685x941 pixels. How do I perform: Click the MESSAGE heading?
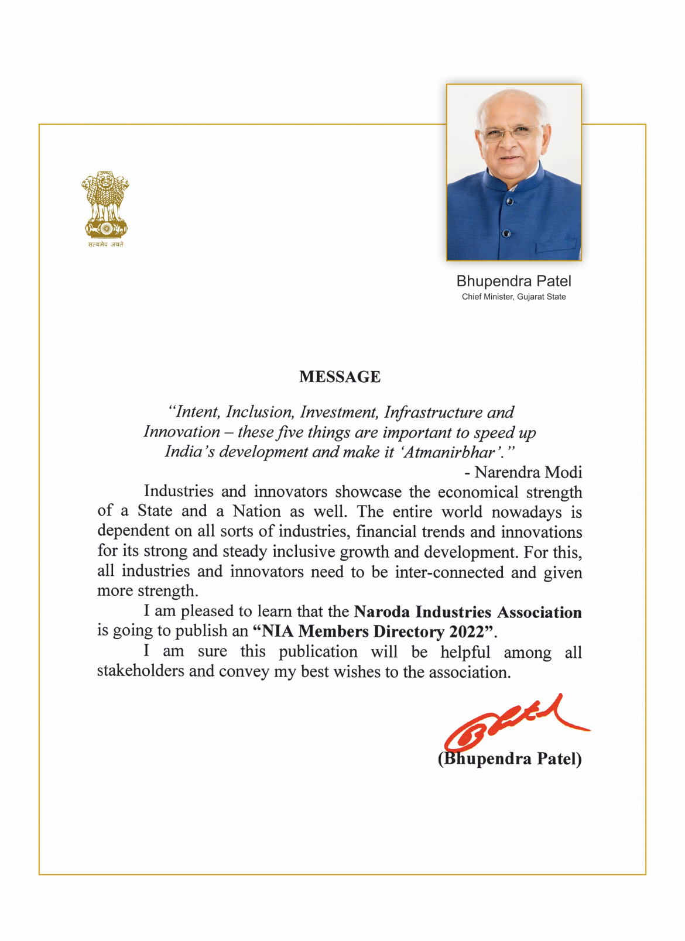pos(340,377)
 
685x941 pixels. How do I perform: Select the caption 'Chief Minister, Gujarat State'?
pos(513,297)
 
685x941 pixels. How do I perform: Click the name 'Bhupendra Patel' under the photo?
pos(513,281)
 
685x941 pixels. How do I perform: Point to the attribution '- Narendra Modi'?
pos(523,472)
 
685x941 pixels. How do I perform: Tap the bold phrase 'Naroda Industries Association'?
pos(468,612)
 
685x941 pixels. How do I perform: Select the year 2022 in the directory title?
pos(467,632)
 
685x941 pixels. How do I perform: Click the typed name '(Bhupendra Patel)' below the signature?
pos(509,758)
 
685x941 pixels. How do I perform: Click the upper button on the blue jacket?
pos(509,201)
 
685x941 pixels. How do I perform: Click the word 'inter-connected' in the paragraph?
pos(449,572)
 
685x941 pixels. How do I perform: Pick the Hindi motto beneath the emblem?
pos(105,245)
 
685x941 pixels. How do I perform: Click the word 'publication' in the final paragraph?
pos(318,652)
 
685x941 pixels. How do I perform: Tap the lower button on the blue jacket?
pos(506,233)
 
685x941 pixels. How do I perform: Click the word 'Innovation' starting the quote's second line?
pos(181,432)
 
